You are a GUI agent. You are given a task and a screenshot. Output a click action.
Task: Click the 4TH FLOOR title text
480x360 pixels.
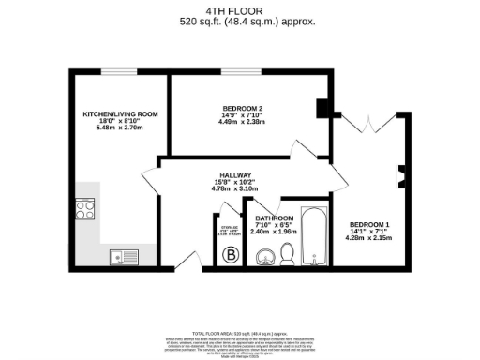tap(240, 8)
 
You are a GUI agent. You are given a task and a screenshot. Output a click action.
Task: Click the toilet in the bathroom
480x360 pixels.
tap(289, 251)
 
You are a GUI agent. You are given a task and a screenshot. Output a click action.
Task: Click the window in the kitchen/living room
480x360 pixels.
tap(115, 71)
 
